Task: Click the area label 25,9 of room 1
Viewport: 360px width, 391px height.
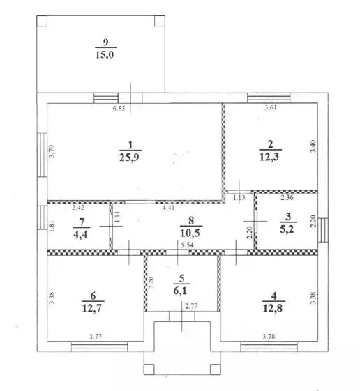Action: pyautogui.click(x=129, y=158)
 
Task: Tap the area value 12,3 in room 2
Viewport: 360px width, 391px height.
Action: pyautogui.click(x=269, y=157)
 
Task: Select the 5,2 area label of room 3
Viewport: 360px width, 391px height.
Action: pyautogui.click(x=287, y=229)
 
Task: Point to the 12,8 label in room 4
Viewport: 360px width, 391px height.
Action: pyautogui.click(x=273, y=308)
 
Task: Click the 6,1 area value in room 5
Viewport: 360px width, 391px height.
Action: pyautogui.click(x=180, y=291)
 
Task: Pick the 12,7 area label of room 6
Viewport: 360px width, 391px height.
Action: pyautogui.click(x=92, y=308)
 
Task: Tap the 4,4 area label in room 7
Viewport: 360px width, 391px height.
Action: pyautogui.click(x=80, y=234)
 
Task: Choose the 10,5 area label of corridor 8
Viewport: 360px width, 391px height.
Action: pyautogui.click(x=190, y=233)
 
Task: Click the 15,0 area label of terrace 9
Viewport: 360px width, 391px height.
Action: pyautogui.click(x=105, y=54)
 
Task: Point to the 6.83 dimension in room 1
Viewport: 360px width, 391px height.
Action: pyautogui.click(x=119, y=109)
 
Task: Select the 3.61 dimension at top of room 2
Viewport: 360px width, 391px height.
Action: pyautogui.click(x=271, y=108)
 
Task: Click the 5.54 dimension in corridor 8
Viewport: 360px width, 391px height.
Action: pyautogui.click(x=188, y=245)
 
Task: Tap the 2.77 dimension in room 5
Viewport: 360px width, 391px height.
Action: pyautogui.click(x=192, y=306)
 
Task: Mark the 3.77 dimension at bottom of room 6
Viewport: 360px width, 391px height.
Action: pyautogui.click(x=96, y=337)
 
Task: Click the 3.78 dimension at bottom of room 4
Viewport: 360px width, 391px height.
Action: pyautogui.click(x=269, y=337)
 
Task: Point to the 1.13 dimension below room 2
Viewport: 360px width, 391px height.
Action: pyautogui.click(x=239, y=198)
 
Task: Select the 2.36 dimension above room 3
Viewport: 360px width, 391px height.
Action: pyautogui.click(x=287, y=198)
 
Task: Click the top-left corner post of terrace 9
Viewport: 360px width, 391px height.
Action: pyautogui.click(x=42, y=21)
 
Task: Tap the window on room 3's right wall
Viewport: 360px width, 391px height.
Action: pyautogui.click(x=323, y=230)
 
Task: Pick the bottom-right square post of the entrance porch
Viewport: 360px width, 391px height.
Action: pyautogui.click(x=216, y=369)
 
